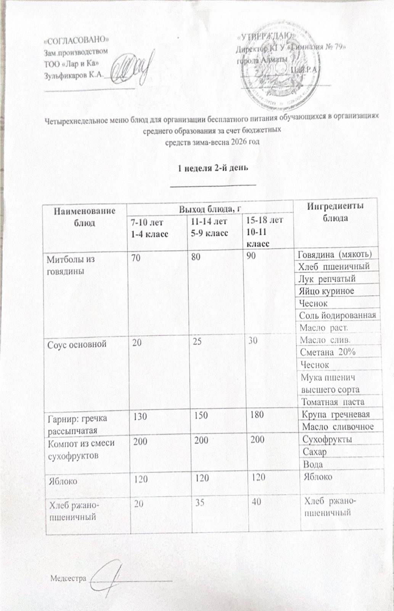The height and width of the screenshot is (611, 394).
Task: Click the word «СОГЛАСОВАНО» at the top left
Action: (x=77, y=39)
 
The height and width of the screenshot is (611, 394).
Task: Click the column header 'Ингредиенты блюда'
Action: (x=335, y=212)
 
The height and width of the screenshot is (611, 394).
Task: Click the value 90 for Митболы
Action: (x=251, y=257)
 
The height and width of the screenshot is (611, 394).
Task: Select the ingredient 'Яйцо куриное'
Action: (x=332, y=291)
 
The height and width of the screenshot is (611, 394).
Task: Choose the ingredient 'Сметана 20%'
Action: (x=328, y=352)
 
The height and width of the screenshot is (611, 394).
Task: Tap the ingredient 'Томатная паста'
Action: (x=333, y=402)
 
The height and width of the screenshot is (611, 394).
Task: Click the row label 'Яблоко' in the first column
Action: (x=62, y=480)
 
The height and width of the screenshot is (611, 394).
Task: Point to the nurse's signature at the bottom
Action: (x=111, y=573)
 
